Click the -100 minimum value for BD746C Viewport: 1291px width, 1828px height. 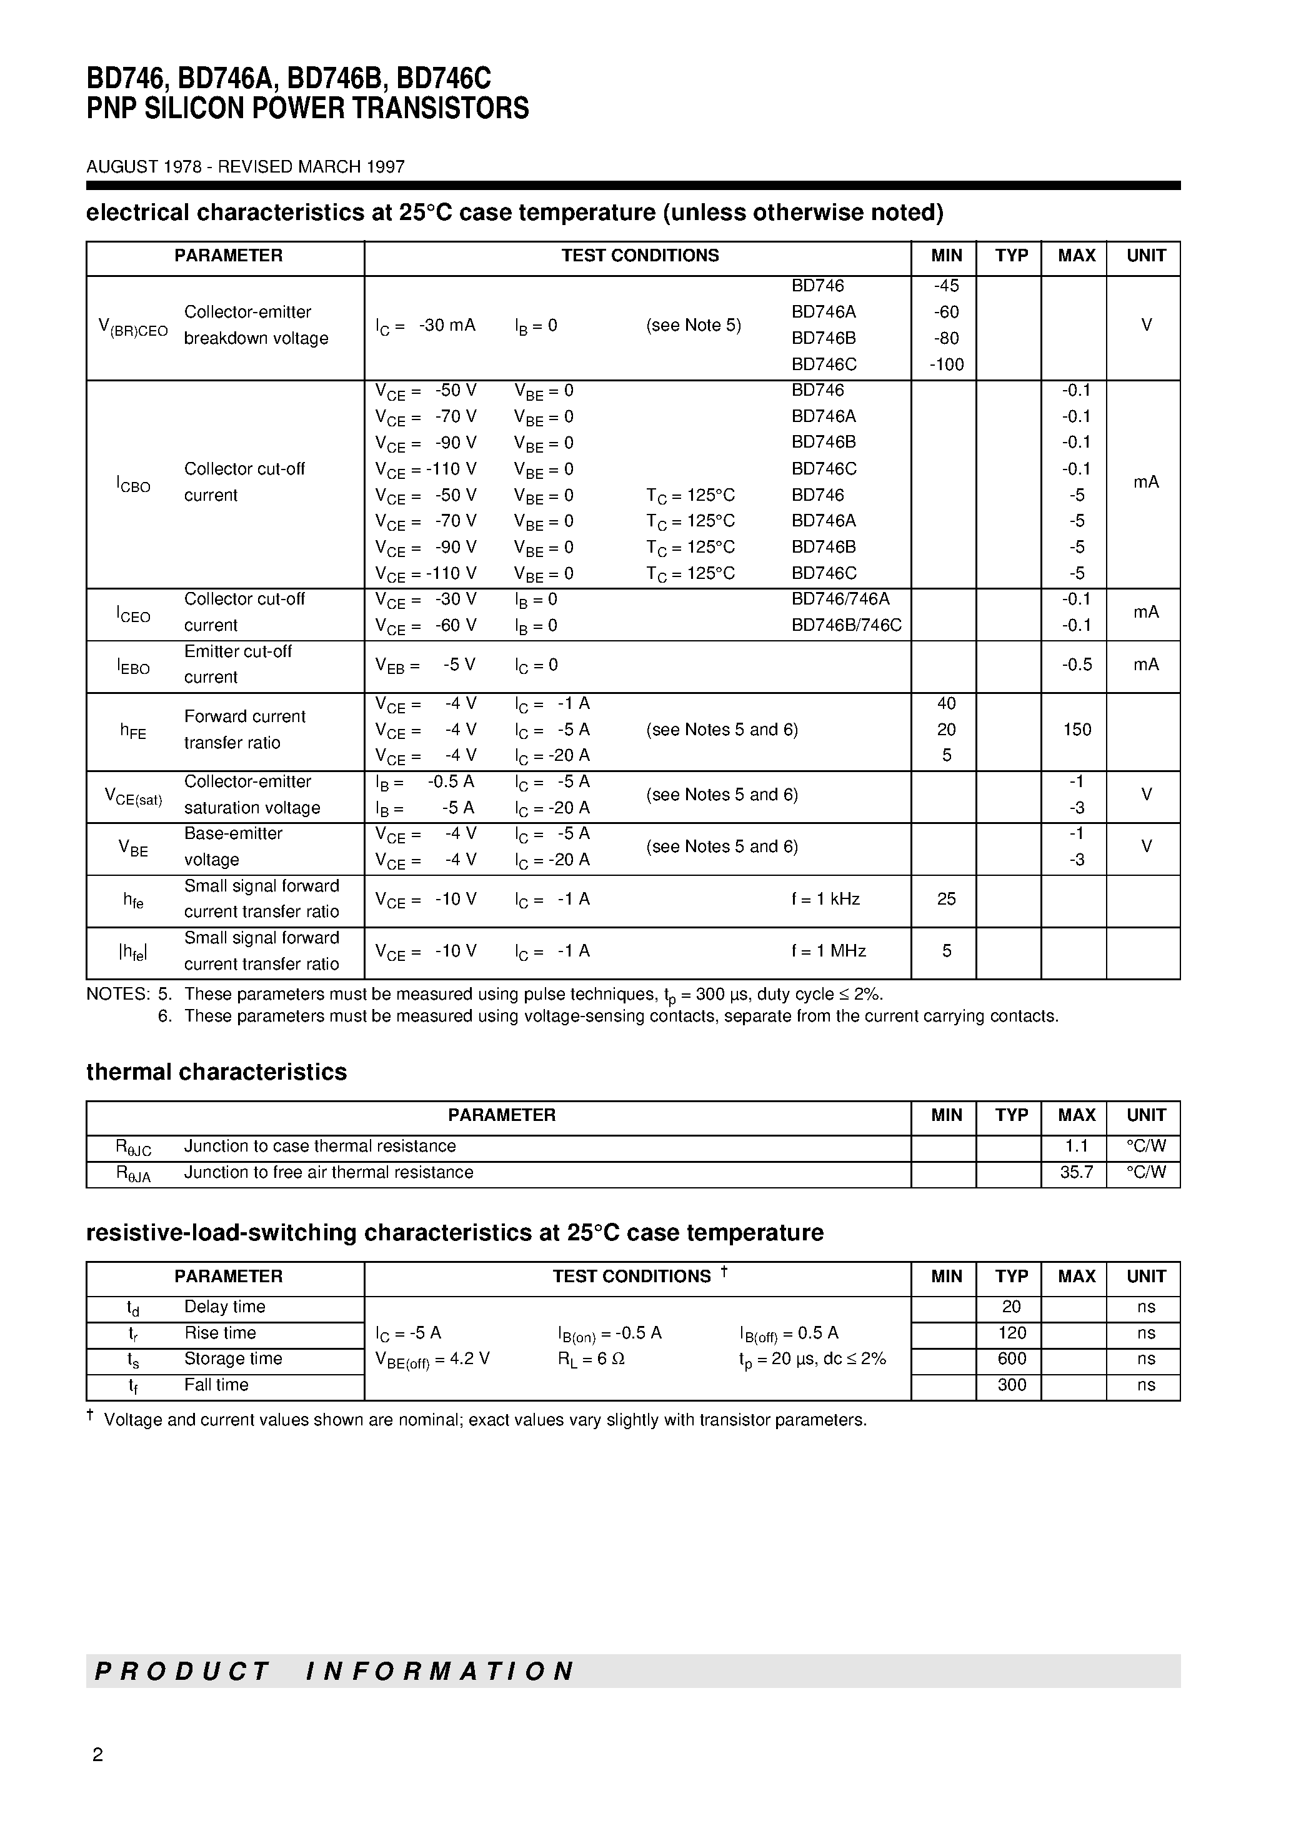click(946, 364)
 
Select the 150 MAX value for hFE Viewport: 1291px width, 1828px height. click(1076, 730)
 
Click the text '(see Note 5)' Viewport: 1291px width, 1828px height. click(693, 326)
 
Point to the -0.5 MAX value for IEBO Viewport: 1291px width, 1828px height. click(1076, 665)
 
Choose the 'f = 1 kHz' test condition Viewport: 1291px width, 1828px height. click(825, 899)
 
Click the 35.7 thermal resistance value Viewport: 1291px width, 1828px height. click(1076, 1172)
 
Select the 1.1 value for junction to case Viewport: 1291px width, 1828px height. click(1076, 1146)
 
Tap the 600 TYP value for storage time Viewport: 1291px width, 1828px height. click(1011, 1358)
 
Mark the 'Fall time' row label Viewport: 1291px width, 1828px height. click(216, 1385)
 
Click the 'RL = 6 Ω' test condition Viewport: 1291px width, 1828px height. click(591, 1359)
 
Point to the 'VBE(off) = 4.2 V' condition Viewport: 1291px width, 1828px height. click(432, 1360)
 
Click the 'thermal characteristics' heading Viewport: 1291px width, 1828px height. click(216, 1072)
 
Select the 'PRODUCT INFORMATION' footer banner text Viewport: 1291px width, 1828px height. click(334, 1670)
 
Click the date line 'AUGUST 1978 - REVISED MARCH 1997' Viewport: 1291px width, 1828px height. click(245, 166)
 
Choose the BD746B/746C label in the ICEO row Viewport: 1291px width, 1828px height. click(846, 625)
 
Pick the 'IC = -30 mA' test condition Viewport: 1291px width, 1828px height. click(425, 326)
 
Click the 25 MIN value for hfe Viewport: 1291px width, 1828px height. click(945, 899)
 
